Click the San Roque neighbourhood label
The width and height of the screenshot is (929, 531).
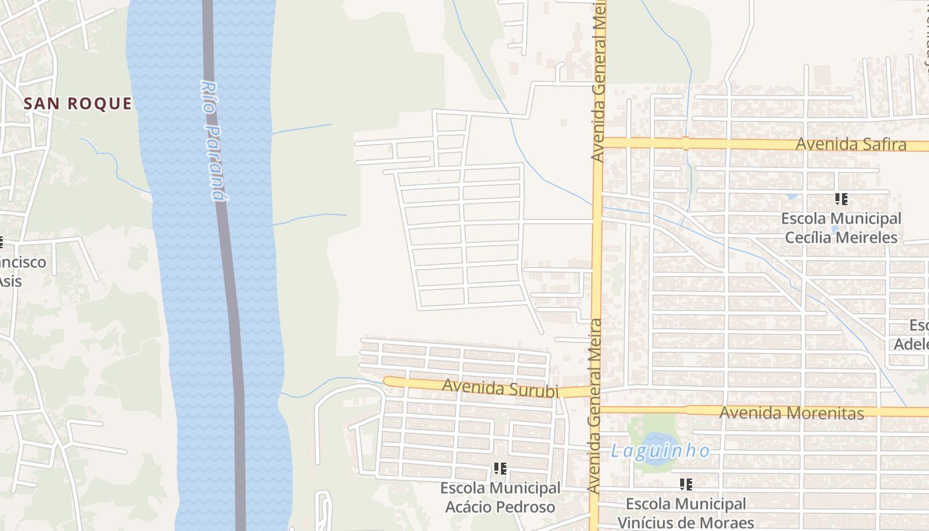78,104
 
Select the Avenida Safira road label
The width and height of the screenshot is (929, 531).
851,144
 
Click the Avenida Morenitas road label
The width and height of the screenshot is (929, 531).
792,413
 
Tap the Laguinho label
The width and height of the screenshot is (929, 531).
660,451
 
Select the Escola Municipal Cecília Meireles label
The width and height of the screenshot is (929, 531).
841,228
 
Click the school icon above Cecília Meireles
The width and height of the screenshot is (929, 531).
841,198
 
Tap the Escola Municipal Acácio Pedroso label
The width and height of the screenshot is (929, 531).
500,497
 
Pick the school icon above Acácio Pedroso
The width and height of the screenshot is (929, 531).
500,469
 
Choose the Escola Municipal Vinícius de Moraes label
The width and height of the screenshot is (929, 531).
686,513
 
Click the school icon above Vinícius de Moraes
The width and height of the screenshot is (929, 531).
686,485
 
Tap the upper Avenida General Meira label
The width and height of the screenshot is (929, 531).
599,80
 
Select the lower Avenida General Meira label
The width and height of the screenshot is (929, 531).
595,405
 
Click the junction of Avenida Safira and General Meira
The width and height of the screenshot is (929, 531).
599,143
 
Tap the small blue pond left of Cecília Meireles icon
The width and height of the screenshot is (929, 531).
791,196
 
